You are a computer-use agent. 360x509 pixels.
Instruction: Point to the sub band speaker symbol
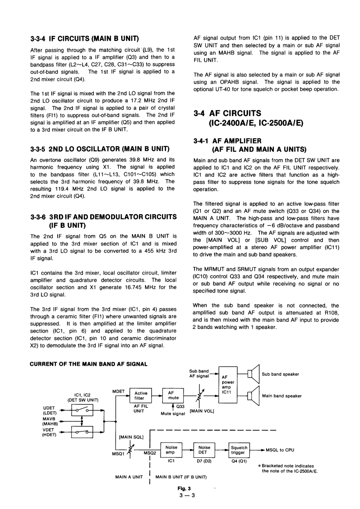[x=253, y=374]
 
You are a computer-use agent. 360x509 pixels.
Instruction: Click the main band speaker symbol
[x=253, y=395]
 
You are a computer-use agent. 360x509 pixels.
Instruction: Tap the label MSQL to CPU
[x=279, y=450]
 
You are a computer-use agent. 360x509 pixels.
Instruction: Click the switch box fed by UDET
[x=82, y=409]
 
